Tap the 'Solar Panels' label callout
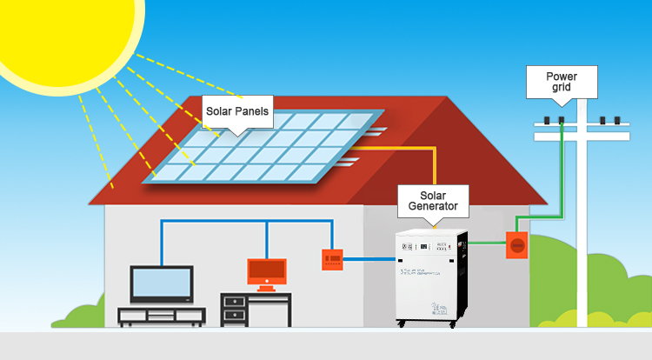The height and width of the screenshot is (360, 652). click(237, 112)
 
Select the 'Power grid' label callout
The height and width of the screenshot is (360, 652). click(561, 82)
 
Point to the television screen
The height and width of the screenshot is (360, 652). click(162, 282)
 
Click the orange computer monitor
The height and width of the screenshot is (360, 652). click(267, 272)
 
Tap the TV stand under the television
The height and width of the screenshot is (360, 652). click(162, 315)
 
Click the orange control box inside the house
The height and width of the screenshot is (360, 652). click(332, 258)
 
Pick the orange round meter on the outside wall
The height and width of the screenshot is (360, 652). click(517, 244)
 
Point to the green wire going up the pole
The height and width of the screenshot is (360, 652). click(562, 174)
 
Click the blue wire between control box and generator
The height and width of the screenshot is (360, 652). click(369, 258)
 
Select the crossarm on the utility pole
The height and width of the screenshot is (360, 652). click(581, 136)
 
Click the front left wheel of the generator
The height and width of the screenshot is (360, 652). click(402, 324)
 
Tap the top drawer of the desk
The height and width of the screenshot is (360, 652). click(233, 302)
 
